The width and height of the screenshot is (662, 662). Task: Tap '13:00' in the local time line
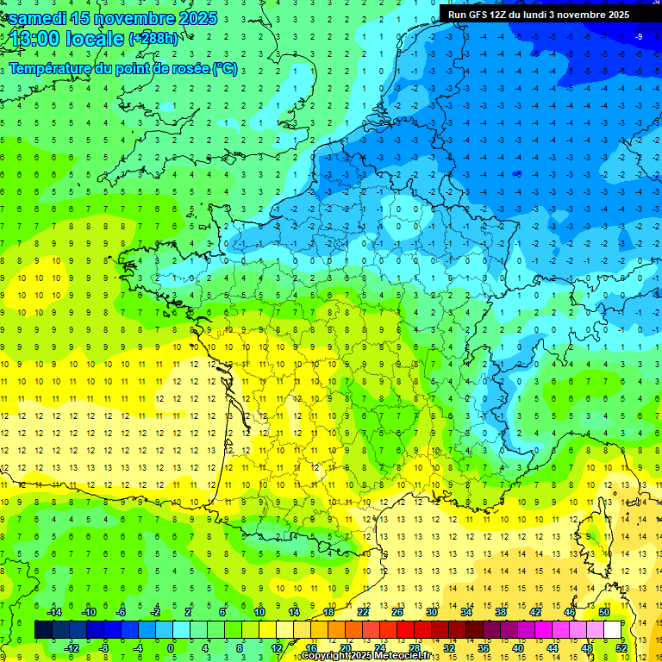click(39, 38)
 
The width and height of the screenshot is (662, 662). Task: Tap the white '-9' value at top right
click(639, 36)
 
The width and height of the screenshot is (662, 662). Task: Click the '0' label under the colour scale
click(171, 648)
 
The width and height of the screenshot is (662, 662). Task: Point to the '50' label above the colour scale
click(604, 612)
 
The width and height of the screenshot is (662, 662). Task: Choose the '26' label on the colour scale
click(397, 612)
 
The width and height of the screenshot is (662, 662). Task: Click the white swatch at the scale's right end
click(613, 630)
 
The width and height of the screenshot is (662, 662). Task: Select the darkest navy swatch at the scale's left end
click(43, 630)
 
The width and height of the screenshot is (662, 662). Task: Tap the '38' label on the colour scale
click(501, 612)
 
